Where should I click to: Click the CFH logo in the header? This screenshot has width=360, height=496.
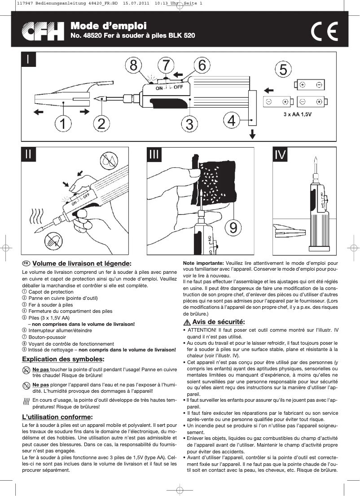(x=44, y=31)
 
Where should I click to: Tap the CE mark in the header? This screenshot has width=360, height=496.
(x=324, y=32)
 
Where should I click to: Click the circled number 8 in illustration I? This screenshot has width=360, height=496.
(x=133, y=66)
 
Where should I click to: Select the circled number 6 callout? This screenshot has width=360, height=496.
(x=202, y=65)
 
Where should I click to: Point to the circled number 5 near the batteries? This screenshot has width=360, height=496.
(x=283, y=70)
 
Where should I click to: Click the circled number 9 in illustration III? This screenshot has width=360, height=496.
(x=233, y=228)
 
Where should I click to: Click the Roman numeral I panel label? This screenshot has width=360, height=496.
(x=28, y=60)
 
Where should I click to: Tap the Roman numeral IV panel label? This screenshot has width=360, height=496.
(x=280, y=155)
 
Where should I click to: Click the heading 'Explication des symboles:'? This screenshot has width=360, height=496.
(x=63, y=359)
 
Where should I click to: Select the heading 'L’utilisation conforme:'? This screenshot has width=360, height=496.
(x=57, y=417)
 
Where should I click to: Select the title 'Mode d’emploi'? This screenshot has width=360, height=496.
(x=108, y=26)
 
